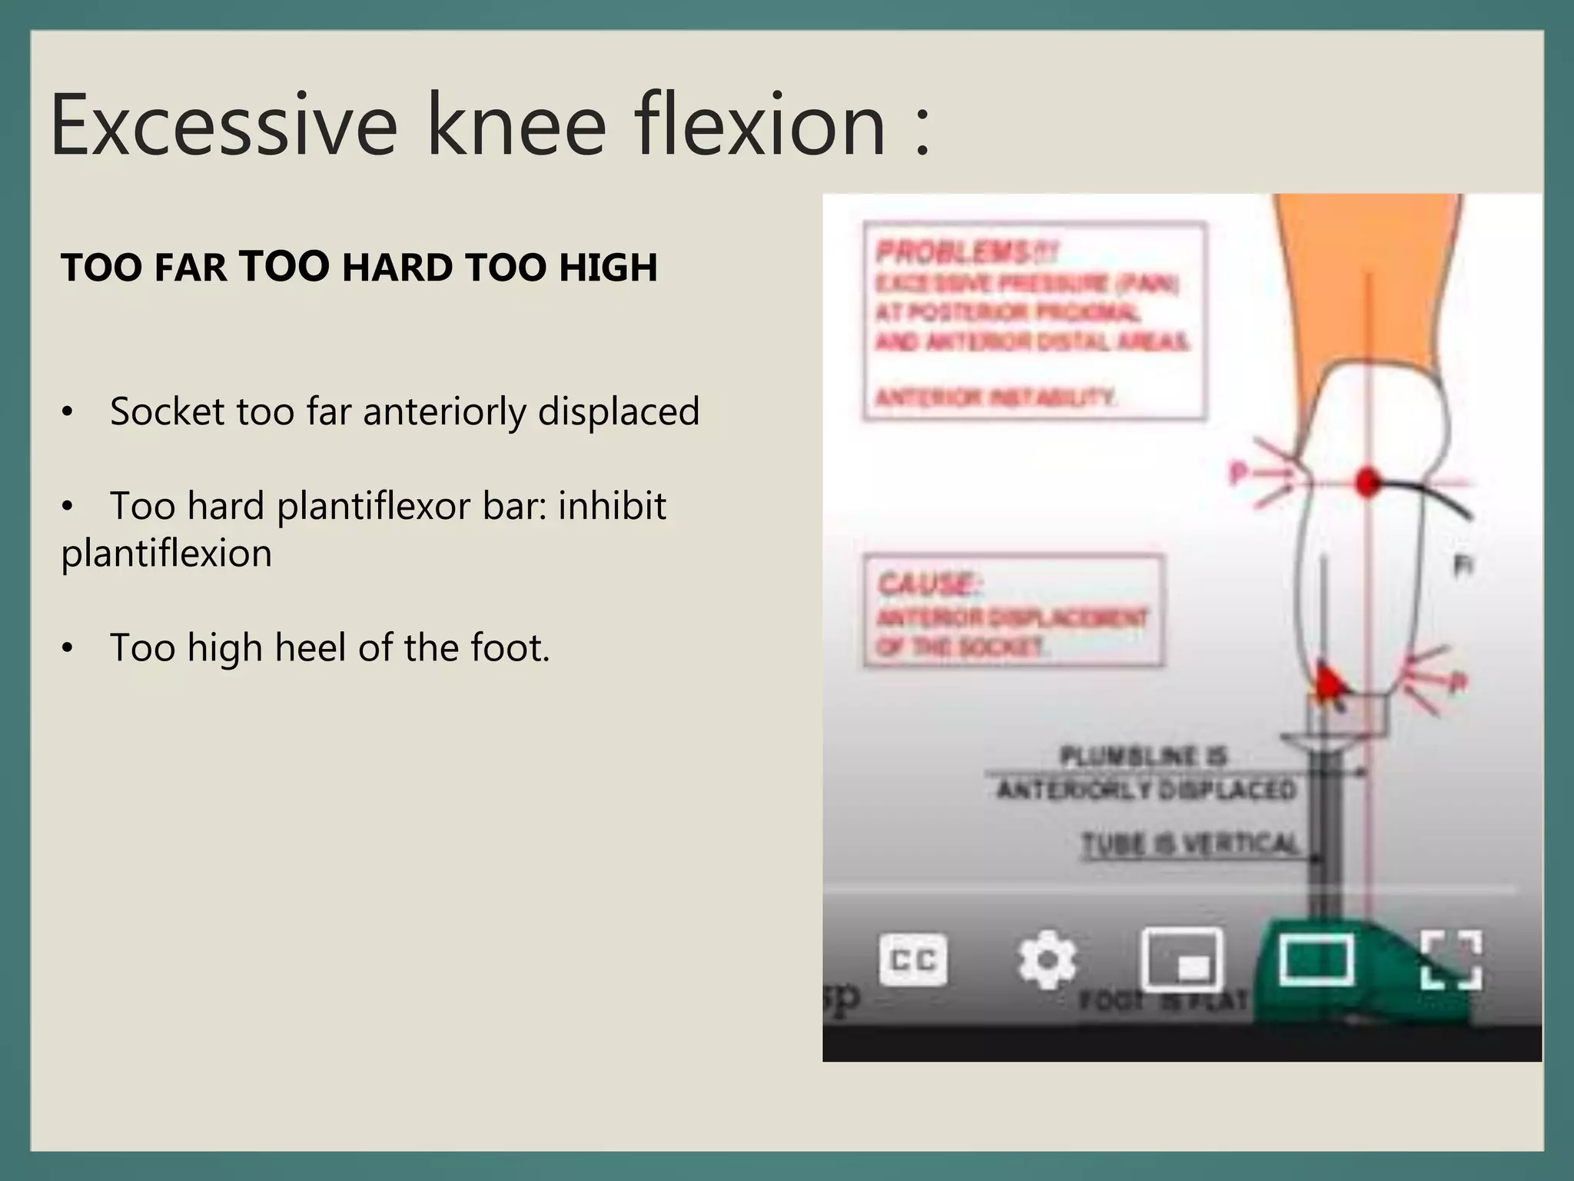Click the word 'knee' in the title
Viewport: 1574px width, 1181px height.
(517, 125)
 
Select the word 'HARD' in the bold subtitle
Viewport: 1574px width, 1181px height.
(397, 268)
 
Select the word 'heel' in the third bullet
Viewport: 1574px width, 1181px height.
(310, 647)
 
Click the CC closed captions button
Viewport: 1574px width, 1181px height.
(913, 960)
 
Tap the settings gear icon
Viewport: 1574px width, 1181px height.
(1047, 960)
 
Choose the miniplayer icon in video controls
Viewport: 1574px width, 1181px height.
(1182, 960)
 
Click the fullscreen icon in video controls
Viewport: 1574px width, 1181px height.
(1451, 960)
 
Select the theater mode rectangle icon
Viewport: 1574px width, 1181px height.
(1316, 960)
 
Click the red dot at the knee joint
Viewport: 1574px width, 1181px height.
(1366, 482)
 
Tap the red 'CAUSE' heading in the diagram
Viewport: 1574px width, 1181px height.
(927, 584)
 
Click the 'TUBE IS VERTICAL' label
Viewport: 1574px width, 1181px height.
(1190, 843)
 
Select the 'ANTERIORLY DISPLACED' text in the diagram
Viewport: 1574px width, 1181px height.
(1146, 790)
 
